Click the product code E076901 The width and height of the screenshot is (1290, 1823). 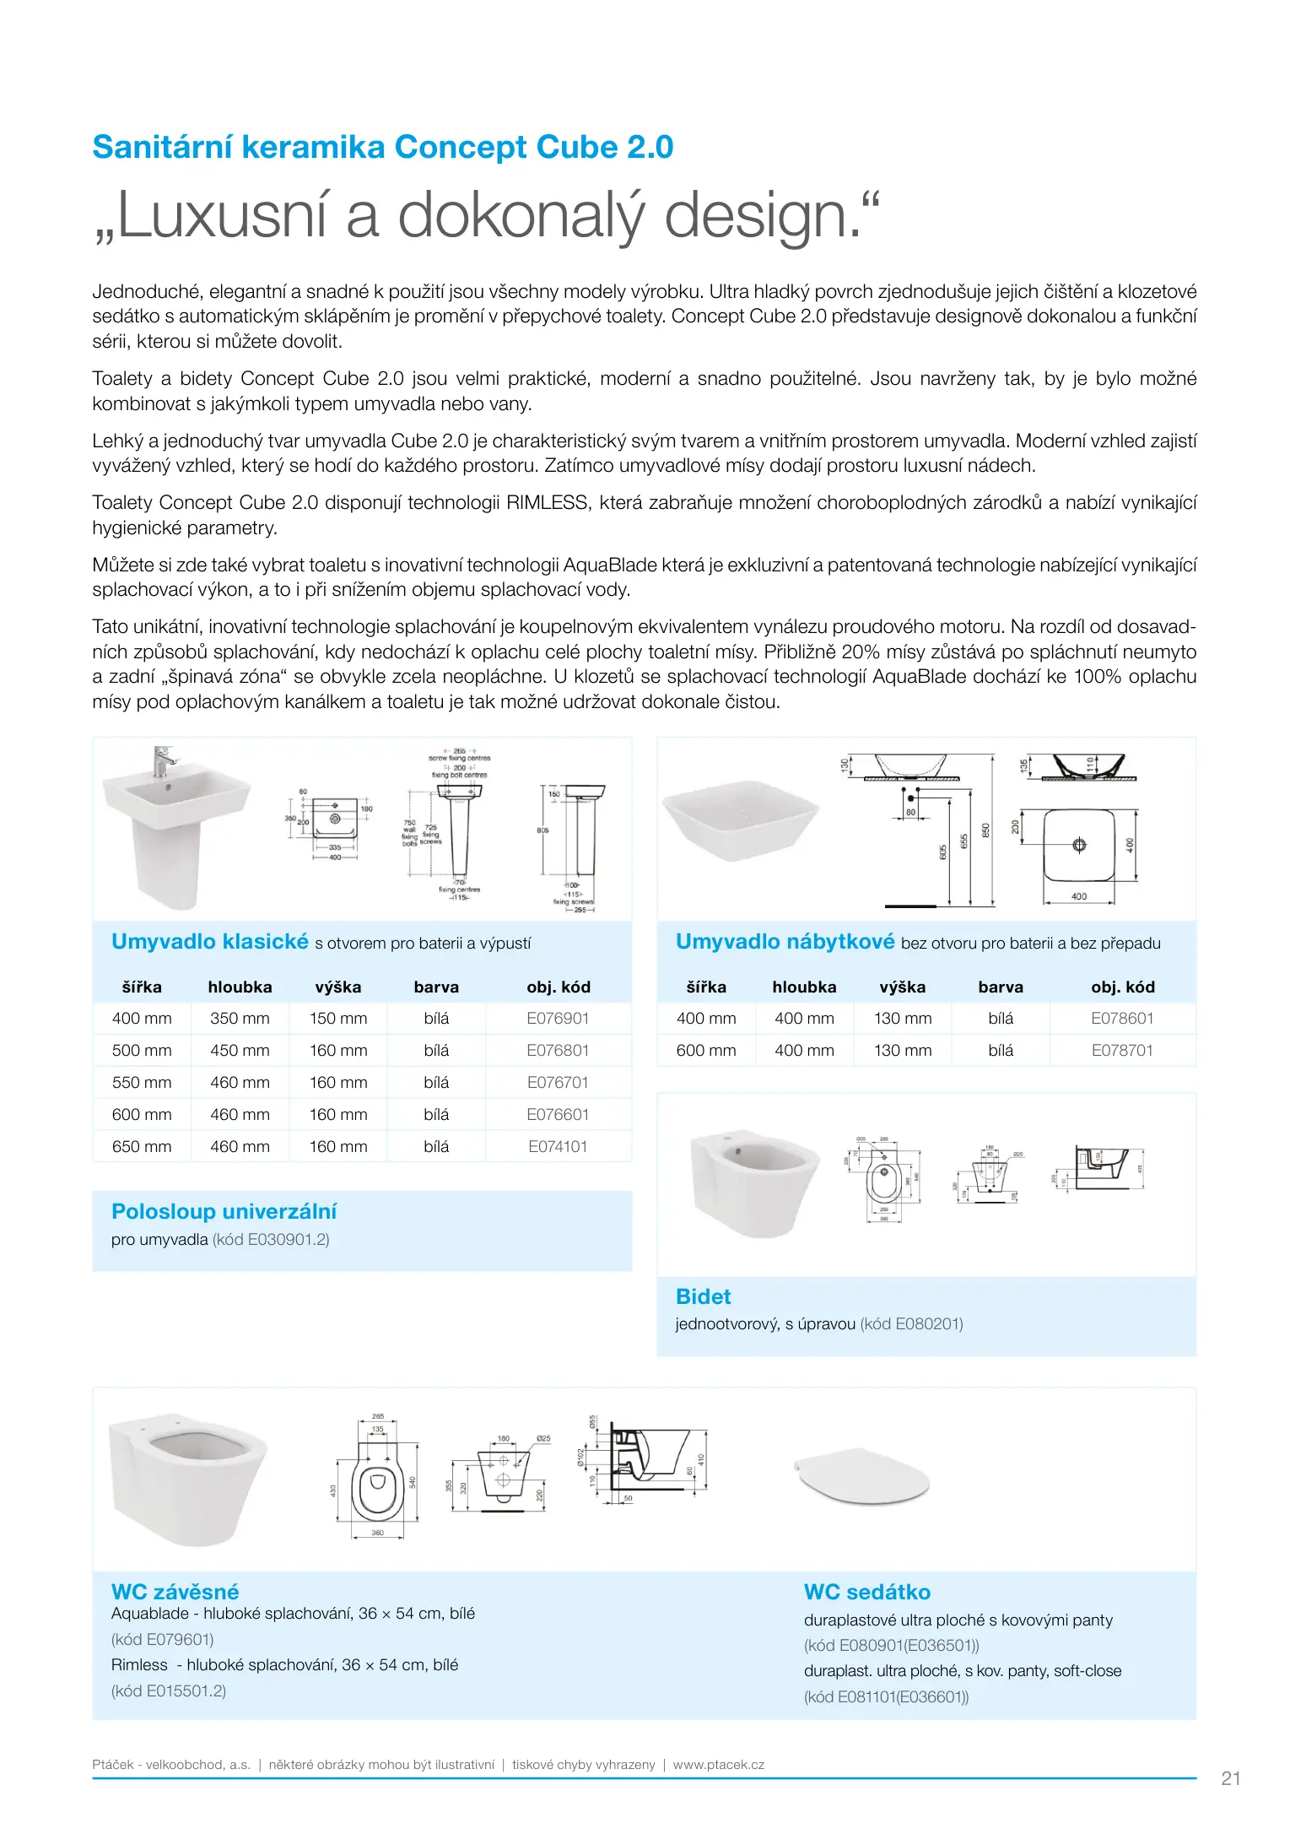[x=557, y=1018]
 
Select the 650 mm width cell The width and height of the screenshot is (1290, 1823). [x=142, y=1146]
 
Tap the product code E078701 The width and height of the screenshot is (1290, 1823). [x=1121, y=1050]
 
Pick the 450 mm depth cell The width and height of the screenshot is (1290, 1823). [x=240, y=1050]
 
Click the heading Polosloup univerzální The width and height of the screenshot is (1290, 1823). [x=224, y=1211]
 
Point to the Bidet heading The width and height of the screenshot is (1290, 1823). [x=703, y=1296]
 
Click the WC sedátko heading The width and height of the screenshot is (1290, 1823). [x=866, y=1592]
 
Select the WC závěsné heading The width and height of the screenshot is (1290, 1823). [x=175, y=1592]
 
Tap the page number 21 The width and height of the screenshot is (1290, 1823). [x=1230, y=1778]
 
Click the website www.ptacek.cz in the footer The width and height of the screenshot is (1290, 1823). [x=718, y=1764]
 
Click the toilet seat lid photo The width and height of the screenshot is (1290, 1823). [x=861, y=1479]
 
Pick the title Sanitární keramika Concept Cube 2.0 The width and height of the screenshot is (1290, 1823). [x=382, y=147]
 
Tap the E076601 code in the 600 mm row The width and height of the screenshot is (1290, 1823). [x=557, y=1114]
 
